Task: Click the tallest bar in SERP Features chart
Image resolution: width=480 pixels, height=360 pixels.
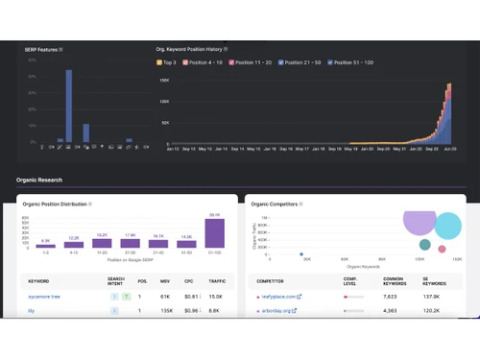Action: pyautogui.click(x=69, y=106)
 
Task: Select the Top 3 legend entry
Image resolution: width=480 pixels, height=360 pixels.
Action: pyautogui.click(x=167, y=62)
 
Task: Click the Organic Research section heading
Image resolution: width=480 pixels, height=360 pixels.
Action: pyautogui.click(x=39, y=180)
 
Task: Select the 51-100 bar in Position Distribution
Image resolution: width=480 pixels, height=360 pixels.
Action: pyautogui.click(x=214, y=233)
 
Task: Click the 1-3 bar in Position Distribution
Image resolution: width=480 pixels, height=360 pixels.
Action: pyautogui.click(x=46, y=246)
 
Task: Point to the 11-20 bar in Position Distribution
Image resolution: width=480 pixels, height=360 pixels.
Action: pyautogui.click(x=102, y=243)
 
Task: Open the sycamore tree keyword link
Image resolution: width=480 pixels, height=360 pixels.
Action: pyautogui.click(x=45, y=297)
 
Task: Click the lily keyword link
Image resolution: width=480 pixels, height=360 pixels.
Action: pyautogui.click(x=32, y=311)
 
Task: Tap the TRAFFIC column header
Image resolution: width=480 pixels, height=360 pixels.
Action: pyautogui.click(x=217, y=281)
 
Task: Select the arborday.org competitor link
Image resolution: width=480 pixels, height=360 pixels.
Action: pyautogui.click(x=277, y=311)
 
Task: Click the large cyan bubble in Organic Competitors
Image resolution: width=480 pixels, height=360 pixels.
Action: pyautogui.click(x=447, y=227)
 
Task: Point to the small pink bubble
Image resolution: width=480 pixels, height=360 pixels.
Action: pyautogui.click(x=442, y=250)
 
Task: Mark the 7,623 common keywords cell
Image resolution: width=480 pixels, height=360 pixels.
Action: pyautogui.click(x=390, y=297)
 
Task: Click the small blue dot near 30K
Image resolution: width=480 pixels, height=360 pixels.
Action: pyautogui.click(x=302, y=255)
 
